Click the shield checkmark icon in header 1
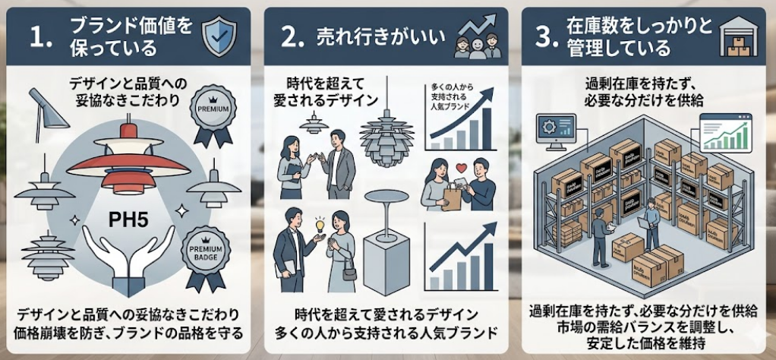[218, 33]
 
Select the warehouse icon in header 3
[736, 36]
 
